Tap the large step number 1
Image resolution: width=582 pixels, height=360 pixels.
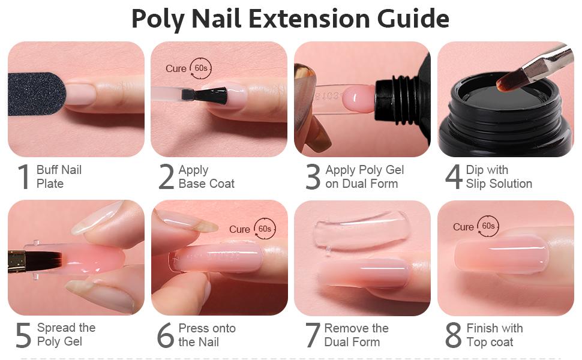[x=23, y=177]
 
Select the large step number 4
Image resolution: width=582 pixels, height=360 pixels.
[x=454, y=177]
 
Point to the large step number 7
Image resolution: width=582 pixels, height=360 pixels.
[x=313, y=335]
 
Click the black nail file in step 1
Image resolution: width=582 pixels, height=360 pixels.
[x=36, y=94]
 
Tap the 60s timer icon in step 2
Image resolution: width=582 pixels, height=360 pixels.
[x=200, y=68]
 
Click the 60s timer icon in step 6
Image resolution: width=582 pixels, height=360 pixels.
[x=264, y=229]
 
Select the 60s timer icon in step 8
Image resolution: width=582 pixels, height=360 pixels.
[x=488, y=226]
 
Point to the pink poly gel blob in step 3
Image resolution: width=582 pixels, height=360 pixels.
[x=359, y=97]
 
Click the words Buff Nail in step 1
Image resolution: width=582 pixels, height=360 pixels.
[x=59, y=170]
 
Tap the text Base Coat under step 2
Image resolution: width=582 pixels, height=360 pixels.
[x=206, y=184]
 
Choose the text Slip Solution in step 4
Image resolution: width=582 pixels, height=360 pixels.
[x=499, y=184]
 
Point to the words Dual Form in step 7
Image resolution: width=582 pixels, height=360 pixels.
[x=352, y=342]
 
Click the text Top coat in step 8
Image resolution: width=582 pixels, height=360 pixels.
[x=490, y=342]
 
